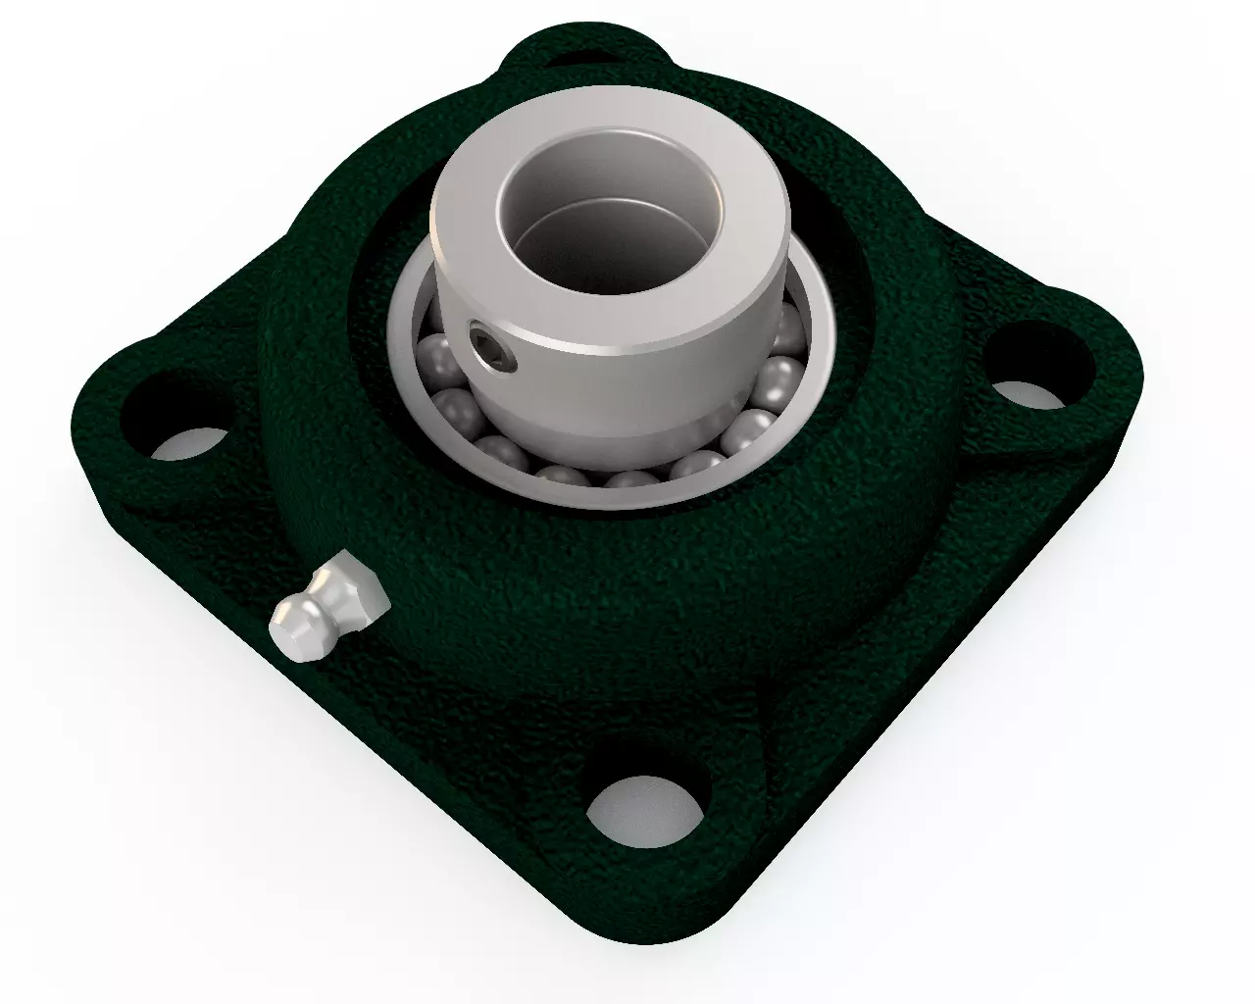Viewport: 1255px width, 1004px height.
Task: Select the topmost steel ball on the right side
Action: pos(785,324)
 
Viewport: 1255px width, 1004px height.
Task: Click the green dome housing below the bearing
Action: pos(627,608)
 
